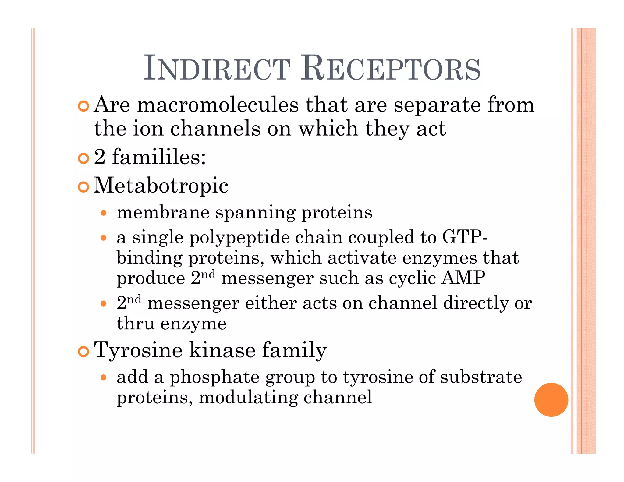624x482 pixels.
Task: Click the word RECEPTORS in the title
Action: pyautogui.click(x=391, y=68)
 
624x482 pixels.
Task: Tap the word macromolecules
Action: pyautogui.click(x=218, y=105)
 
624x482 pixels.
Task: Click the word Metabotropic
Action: pyautogui.click(x=161, y=186)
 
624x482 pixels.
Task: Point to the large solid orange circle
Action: pyautogui.click(x=551, y=399)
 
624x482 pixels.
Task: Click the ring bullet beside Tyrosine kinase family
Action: pyautogui.click(x=83, y=351)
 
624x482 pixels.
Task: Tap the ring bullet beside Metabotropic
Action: pyautogui.click(x=83, y=187)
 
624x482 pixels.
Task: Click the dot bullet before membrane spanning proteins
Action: pyautogui.click(x=104, y=213)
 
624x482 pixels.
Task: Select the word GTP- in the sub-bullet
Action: pyautogui.click(x=465, y=237)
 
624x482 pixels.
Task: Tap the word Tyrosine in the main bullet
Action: pyautogui.click(x=138, y=350)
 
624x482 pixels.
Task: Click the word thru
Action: pyautogui.click(x=135, y=324)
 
